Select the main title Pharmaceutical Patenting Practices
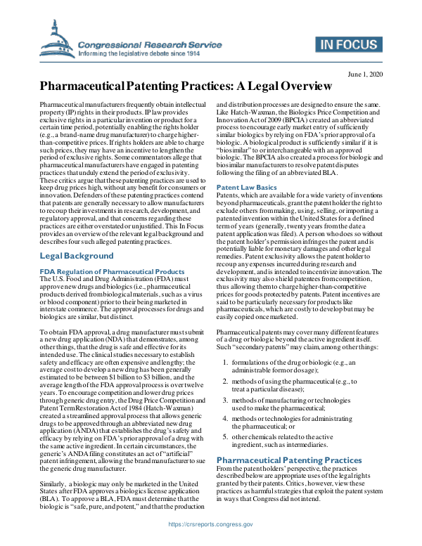coord(186,87)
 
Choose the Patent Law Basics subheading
coord(247,188)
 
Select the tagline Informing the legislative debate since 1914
coord(139,53)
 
